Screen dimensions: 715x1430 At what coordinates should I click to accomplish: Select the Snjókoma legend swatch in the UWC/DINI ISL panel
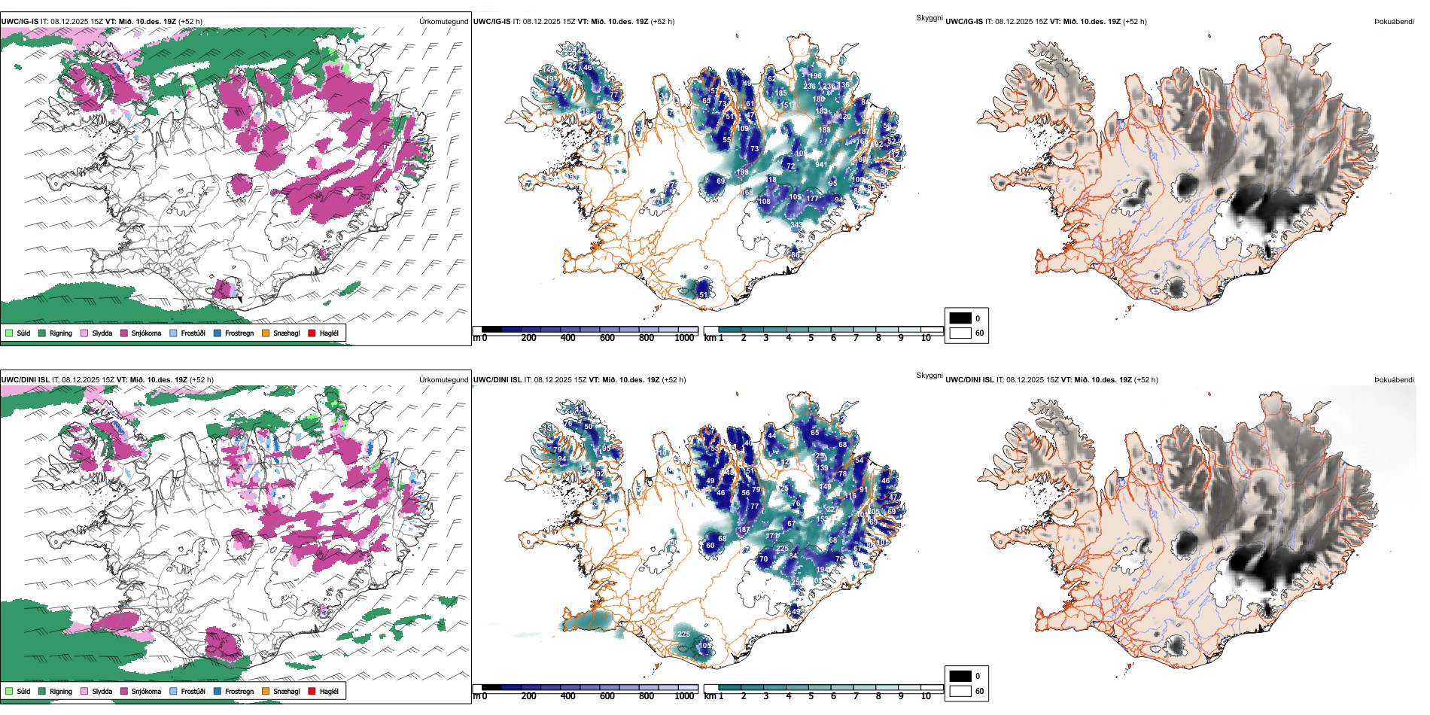point(124,691)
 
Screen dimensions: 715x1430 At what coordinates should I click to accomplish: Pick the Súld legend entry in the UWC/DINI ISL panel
point(18,691)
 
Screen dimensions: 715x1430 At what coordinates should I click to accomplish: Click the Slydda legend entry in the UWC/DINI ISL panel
point(96,691)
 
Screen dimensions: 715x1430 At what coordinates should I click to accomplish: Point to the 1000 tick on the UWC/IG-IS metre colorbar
point(684,338)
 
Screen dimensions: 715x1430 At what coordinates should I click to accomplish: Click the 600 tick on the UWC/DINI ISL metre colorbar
point(607,696)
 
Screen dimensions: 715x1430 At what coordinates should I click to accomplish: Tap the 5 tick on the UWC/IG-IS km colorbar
point(811,338)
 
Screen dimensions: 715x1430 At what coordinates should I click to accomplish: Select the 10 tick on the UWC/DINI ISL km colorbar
point(926,696)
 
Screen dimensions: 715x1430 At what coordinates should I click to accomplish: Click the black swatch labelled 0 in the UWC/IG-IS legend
point(960,318)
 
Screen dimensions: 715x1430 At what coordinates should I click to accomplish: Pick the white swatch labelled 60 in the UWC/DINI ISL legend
point(960,691)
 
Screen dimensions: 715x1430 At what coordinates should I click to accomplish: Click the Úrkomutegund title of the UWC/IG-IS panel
point(443,22)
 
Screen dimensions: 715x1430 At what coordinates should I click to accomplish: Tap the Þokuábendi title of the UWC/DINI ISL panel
point(1394,380)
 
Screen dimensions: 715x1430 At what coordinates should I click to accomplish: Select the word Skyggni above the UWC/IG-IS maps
point(929,17)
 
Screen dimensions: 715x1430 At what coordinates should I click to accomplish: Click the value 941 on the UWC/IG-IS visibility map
point(820,165)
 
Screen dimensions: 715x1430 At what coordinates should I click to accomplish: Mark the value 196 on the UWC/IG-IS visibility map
point(816,76)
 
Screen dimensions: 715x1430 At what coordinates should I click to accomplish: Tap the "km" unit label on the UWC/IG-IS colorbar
point(710,338)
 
